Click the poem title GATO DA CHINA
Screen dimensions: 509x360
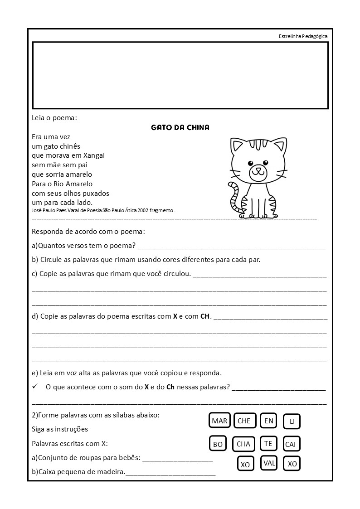(x=180, y=127)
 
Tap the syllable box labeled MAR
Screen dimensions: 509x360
(x=219, y=421)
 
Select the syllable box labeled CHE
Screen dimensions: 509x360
(x=244, y=421)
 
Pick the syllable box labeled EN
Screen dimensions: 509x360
(x=269, y=421)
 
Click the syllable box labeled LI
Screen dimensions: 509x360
(x=292, y=422)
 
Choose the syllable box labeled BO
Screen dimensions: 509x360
(x=218, y=444)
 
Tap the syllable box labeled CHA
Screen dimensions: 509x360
(x=243, y=444)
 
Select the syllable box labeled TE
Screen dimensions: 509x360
(x=268, y=443)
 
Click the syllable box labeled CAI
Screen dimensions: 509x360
(x=291, y=444)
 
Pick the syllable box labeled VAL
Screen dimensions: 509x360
(x=269, y=463)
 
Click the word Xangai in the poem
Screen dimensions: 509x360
(x=94, y=155)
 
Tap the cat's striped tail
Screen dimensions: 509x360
(x=234, y=197)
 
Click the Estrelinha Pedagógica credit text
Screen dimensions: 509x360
(x=303, y=36)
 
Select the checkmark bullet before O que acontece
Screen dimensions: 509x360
(x=35, y=387)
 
